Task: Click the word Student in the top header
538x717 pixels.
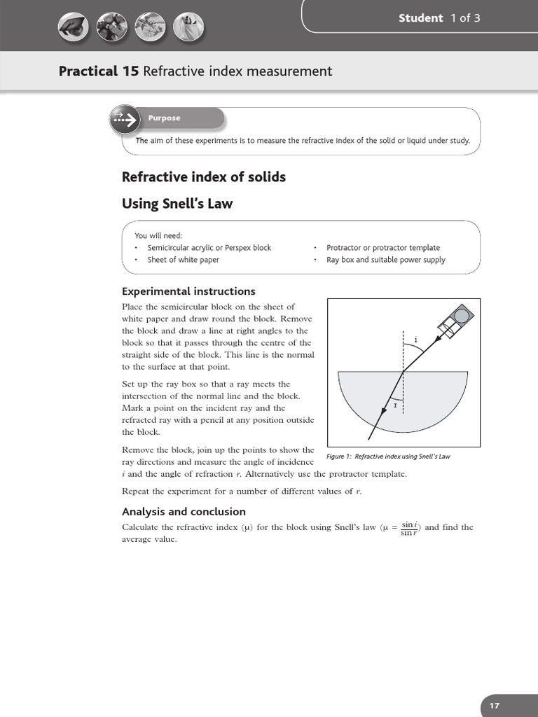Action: [x=420, y=18]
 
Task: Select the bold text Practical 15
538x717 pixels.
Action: [x=99, y=71]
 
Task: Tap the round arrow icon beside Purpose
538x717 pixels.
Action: [x=125, y=120]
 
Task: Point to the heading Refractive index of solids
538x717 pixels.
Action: [x=204, y=177]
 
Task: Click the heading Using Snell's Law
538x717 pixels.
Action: [x=177, y=204]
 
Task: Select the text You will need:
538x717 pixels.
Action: [x=158, y=235]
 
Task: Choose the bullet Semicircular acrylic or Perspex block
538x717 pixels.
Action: [x=209, y=248]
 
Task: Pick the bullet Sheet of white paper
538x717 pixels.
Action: [x=183, y=260]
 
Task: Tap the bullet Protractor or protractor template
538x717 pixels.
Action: [x=383, y=248]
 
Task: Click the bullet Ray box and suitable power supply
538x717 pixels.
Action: [x=385, y=260]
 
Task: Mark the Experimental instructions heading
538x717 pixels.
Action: [x=188, y=291]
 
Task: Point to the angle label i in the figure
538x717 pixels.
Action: [x=415, y=340]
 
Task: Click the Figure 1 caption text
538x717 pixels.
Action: [x=388, y=457]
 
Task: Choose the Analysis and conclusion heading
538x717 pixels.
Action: [x=184, y=512]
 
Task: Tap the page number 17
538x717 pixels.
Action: [x=495, y=706]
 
